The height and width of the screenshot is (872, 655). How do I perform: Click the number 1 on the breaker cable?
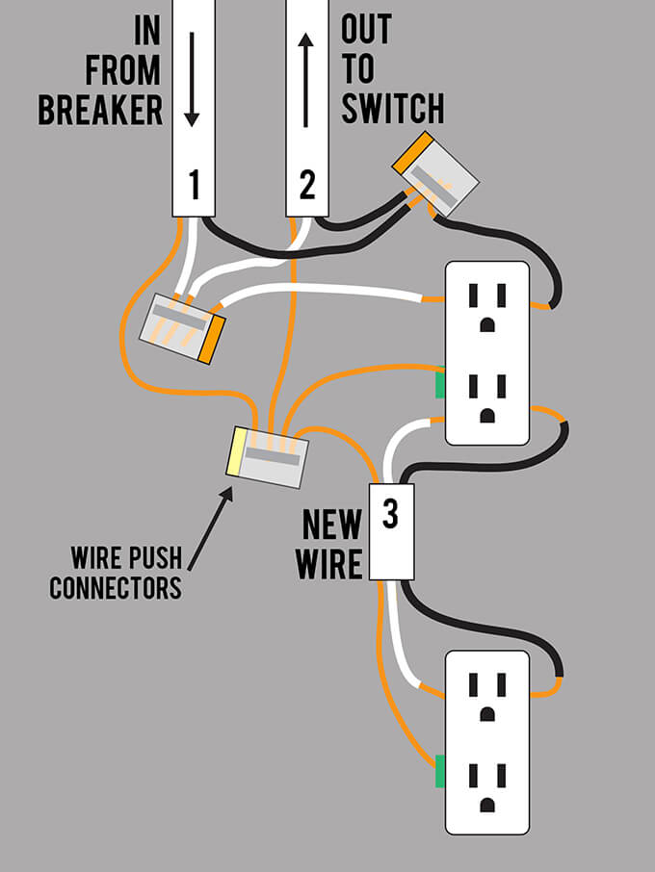194,183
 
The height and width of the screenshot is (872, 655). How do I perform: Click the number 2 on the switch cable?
307,183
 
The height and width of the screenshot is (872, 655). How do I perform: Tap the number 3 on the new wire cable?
390,515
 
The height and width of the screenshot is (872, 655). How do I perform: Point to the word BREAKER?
100,110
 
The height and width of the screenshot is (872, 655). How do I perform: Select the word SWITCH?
392,108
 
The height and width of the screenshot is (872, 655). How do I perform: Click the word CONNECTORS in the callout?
116,588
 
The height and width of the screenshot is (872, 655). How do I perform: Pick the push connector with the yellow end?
269,456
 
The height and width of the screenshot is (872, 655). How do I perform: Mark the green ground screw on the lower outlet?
439,771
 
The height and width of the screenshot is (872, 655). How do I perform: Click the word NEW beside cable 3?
331,526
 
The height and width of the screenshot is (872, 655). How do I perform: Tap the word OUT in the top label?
366,29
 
